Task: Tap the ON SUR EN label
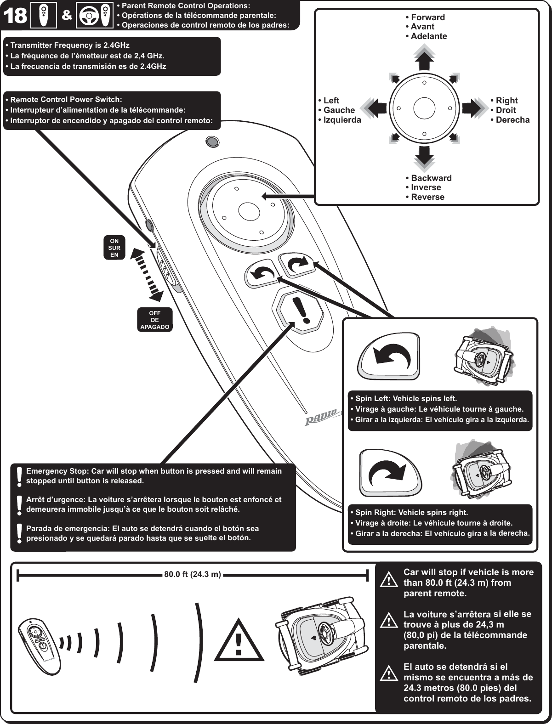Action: [114, 248]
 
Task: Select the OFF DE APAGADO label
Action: [154, 320]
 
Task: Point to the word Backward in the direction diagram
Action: [431, 178]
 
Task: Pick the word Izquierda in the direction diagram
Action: [342, 120]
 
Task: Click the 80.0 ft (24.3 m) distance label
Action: [193, 574]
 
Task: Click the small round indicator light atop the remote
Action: [212, 141]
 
